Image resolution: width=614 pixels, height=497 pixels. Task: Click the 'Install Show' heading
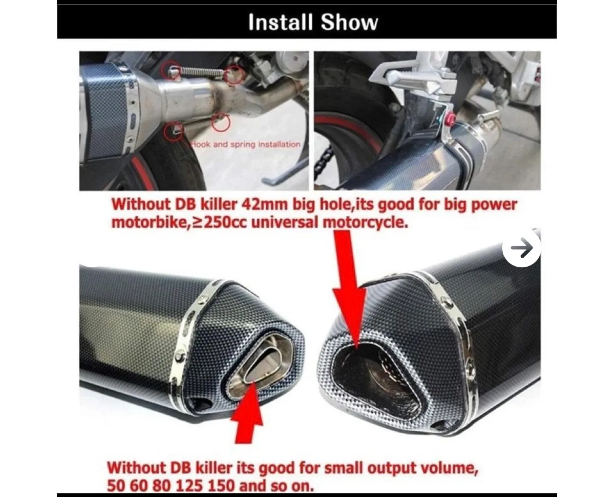point(313,22)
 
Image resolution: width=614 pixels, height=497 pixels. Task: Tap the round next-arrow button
point(521,248)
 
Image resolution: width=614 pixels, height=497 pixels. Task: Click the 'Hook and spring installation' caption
point(246,145)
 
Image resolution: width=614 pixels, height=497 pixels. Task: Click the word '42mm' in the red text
point(265,204)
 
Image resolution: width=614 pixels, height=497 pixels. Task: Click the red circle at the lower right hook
point(221,123)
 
